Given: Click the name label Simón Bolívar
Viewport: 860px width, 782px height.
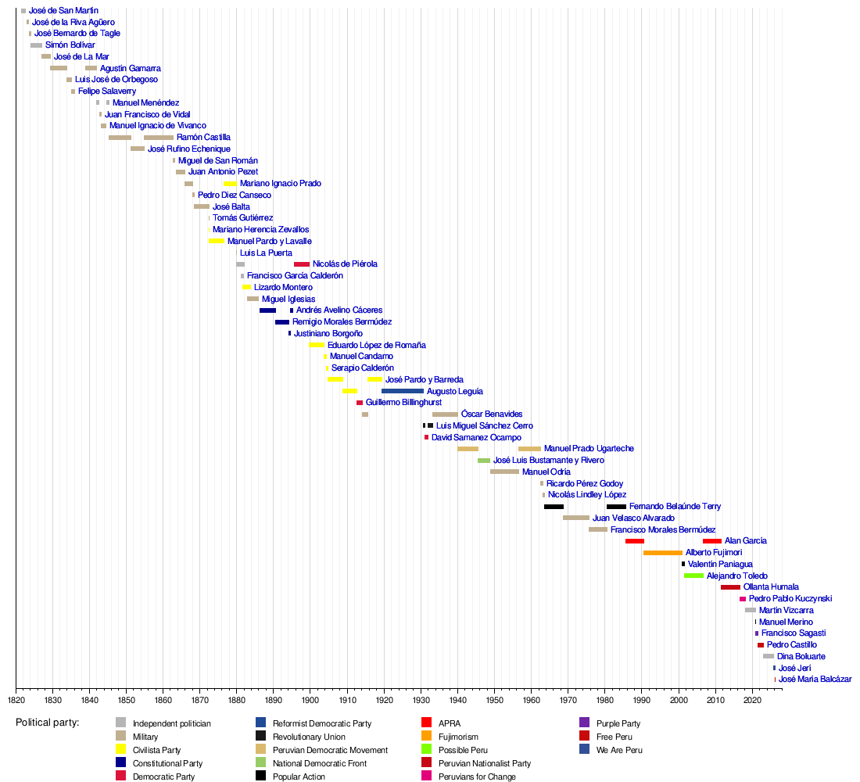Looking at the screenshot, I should point(70,45).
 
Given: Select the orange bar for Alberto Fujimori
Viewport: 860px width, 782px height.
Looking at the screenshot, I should point(662,553).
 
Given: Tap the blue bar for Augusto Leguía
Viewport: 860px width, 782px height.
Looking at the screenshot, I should point(403,391).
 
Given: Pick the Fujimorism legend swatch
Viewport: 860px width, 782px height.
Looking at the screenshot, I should point(427,737).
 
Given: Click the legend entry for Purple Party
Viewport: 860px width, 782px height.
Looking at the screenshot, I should point(618,723).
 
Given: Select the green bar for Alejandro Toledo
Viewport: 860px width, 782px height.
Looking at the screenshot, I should point(693,576).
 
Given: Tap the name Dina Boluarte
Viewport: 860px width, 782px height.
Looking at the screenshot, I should point(801,657).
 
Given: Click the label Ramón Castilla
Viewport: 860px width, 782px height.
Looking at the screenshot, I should point(203,138).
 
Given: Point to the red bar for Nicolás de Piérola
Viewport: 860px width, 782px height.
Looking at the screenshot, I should point(302,264).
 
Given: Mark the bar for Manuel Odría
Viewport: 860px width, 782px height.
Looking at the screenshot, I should point(504,472).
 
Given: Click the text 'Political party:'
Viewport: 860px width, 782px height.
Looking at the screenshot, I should point(47,723).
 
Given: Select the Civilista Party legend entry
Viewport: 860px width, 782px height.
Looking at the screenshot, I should point(156,750).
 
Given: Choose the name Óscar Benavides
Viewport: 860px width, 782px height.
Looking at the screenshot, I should point(492,414).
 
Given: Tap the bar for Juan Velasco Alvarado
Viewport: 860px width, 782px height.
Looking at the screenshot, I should point(576,518).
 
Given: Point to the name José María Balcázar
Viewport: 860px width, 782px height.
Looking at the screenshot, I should point(815,680).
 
